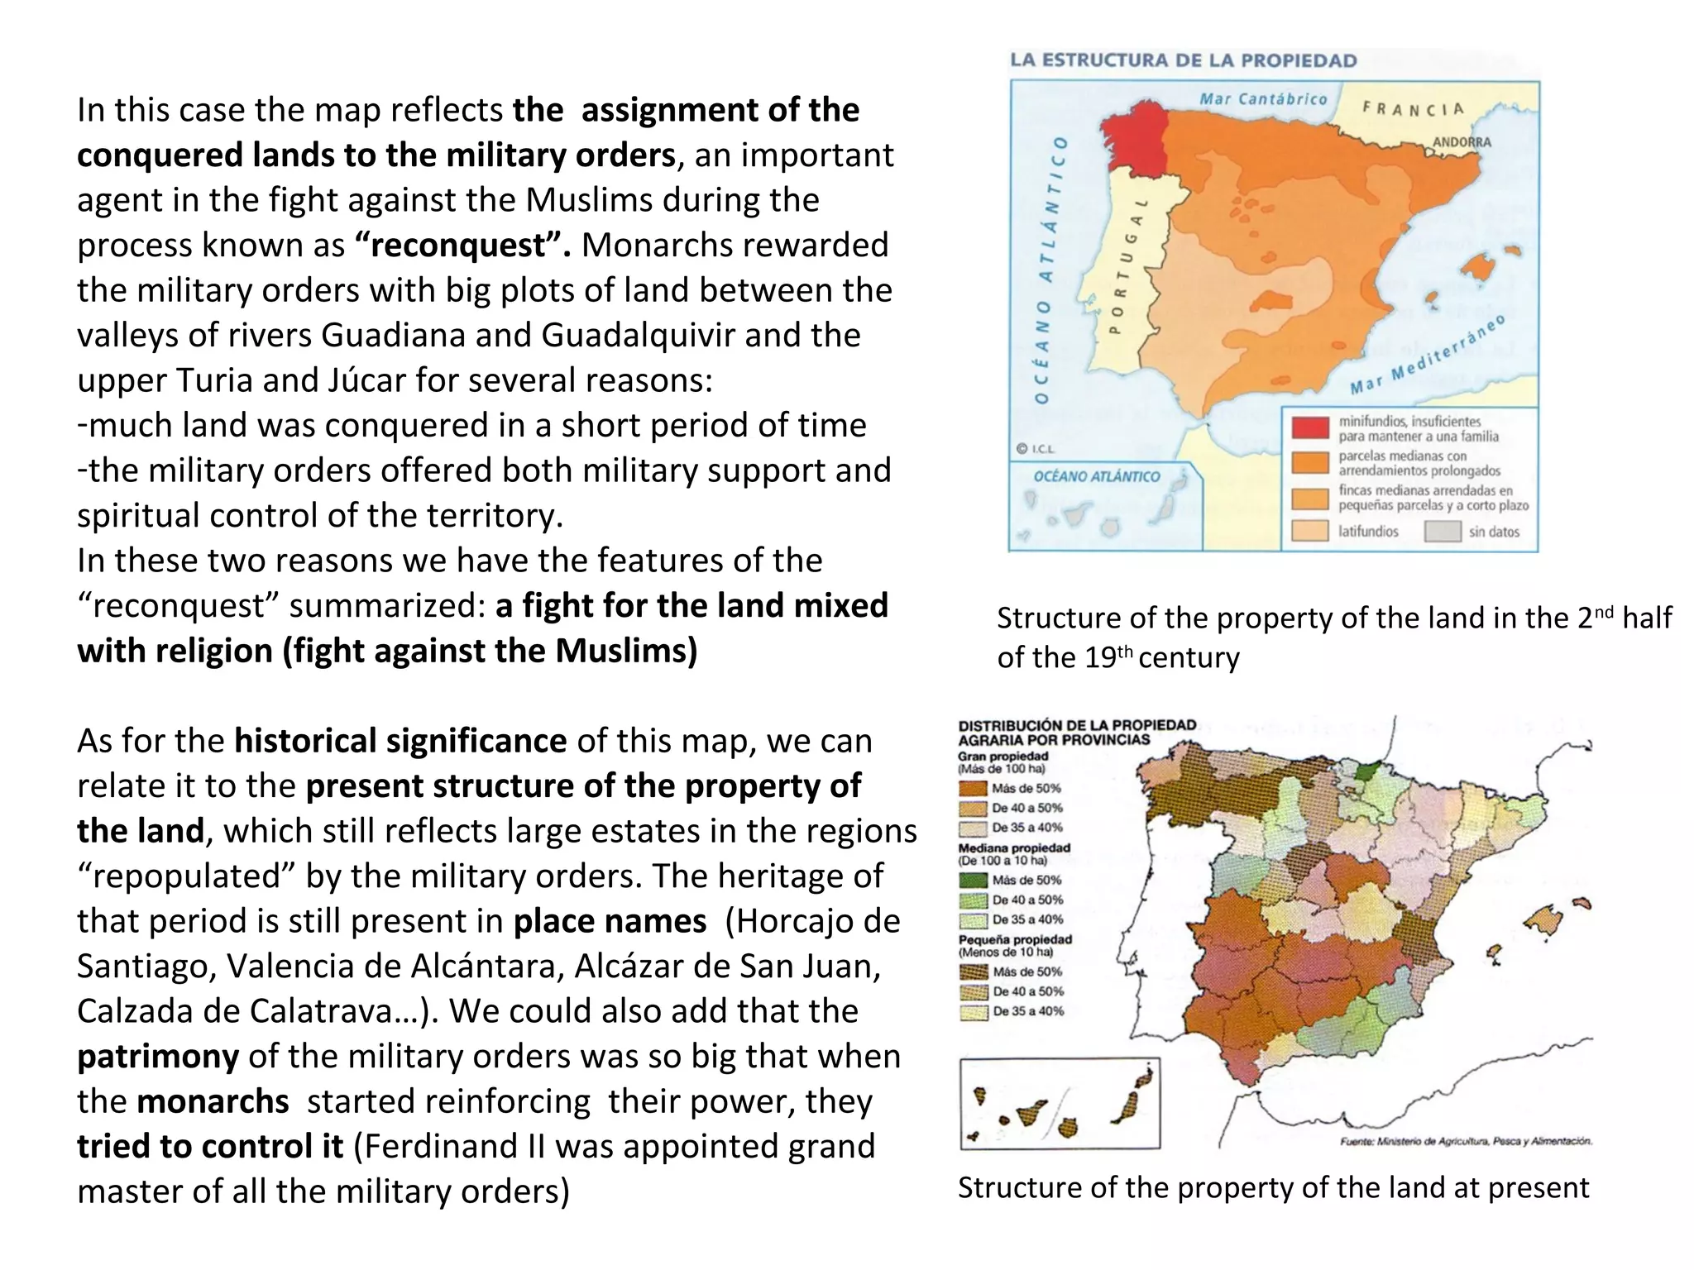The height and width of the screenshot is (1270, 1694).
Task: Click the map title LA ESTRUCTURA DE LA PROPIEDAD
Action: point(1183,60)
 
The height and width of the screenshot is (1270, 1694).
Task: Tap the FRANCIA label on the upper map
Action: point(1413,108)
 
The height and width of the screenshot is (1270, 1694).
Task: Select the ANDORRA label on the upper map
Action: point(1462,142)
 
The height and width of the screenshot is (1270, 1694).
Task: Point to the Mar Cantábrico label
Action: point(1263,99)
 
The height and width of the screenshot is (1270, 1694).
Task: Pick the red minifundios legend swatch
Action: point(1310,427)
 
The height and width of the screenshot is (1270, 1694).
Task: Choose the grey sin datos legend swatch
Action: point(1443,532)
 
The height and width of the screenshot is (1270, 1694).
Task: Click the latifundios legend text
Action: point(1368,532)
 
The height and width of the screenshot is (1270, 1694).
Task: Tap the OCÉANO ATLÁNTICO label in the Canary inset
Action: point(1096,476)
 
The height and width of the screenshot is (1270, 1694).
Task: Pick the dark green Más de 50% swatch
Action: point(974,881)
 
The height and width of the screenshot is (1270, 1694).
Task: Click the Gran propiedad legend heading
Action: point(1003,756)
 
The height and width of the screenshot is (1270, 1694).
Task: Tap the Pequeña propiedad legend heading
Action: point(1015,939)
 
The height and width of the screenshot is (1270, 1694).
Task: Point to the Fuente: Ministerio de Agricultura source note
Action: point(1465,1142)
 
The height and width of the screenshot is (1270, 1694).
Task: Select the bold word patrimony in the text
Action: point(158,1057)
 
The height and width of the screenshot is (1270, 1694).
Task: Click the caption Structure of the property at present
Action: point(1273,1187)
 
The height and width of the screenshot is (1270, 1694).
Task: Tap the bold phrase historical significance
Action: point(400,741)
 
